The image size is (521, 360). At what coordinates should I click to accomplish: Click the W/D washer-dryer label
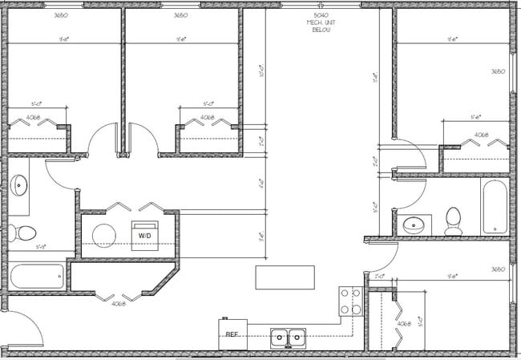(x=145, y=235)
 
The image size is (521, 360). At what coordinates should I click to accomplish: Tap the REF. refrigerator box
(x=233, y=334)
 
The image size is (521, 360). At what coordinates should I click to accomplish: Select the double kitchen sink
(x=288, y=337)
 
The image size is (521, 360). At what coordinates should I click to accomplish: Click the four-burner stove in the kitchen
(x=350, y=301)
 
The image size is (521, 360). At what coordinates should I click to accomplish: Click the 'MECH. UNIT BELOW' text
(x=321, y=26)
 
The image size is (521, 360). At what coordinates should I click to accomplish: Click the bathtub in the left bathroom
(x=36, y=277)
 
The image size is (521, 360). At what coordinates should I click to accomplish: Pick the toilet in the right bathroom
(x=453, y=219)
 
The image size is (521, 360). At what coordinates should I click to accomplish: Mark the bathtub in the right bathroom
(x=493, y=206)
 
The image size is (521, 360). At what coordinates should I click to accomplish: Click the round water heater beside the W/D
(x=104, y=235)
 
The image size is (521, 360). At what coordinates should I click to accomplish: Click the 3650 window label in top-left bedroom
(x=60, y=15)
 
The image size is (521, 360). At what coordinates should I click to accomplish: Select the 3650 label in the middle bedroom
(x=181, y=15)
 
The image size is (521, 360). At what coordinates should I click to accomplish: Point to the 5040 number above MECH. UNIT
(x=321, y=15)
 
